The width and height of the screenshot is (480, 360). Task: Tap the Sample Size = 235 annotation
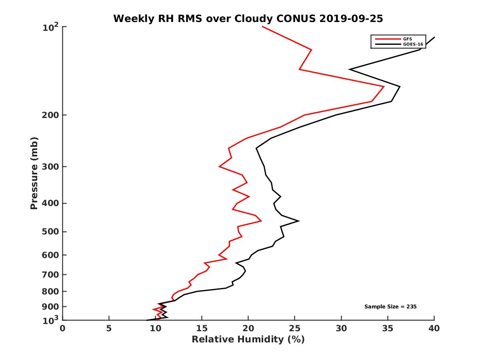[390, 306]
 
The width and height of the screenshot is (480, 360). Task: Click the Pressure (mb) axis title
[34, 173]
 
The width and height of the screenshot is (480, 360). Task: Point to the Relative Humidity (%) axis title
[248, 340]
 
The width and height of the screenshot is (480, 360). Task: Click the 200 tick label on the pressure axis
[51, 115]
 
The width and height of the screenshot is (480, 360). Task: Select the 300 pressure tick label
[51, 166]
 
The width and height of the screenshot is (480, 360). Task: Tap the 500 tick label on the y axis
[51, 232]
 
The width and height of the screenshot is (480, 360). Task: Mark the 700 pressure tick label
[51, 274]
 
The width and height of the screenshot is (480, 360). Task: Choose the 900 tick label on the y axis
[51, 306]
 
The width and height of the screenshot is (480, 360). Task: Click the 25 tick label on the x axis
[294, 328]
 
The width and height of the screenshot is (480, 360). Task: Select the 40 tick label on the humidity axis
[434, 328]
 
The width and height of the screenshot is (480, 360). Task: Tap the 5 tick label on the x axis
[109, 328]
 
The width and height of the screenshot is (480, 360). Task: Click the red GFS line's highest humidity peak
[384, 86]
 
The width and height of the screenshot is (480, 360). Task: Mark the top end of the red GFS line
[262, 26]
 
